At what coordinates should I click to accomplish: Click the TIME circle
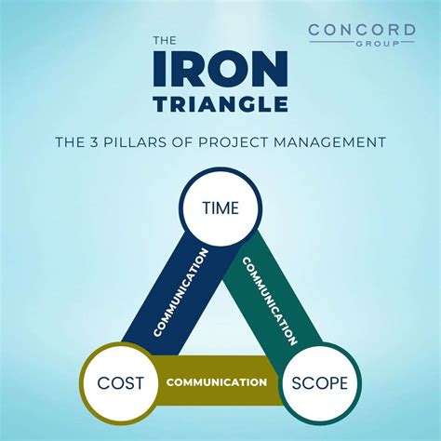pos(220,208)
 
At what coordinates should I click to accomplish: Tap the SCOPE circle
pos(320,382)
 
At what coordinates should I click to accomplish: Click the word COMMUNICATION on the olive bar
pos(217,382)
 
